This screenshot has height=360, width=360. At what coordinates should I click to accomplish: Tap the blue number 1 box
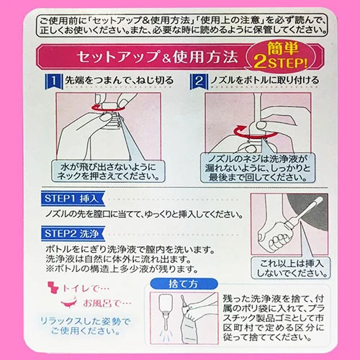[x=54, y=81]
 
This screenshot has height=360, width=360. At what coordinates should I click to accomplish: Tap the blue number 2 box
[x=199, y=81]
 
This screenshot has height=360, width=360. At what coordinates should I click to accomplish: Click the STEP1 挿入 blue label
[x=73, y=199]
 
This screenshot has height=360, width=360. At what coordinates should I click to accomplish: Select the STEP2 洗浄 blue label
[x=73, y=233]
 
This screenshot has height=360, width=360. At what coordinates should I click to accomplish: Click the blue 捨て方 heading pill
[x=184, y=284]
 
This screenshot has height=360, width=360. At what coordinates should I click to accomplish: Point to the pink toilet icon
[x=53, y=288]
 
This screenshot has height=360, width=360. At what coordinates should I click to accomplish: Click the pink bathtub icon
[x=69, y=303]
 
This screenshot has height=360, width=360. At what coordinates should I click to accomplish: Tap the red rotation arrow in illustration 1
[x=107, y=109]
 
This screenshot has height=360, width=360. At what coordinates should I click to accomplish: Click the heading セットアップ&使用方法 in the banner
[x=157, y=58]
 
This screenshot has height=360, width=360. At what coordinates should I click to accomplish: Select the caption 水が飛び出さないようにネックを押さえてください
[x=109, y=171]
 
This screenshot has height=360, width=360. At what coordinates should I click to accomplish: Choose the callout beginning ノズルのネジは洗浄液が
[x=258, y=168]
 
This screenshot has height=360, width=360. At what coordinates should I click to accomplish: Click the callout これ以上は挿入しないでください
[x=291, y=268]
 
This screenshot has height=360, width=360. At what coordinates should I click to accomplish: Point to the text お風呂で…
[x=107, y=303]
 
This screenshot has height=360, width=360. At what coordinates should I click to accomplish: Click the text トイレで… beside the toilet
[x=86, y=289]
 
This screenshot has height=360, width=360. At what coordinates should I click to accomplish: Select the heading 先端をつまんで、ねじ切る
[x=120, y=81]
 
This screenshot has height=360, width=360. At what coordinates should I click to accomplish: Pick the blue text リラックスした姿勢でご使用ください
[x=85, y=326]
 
